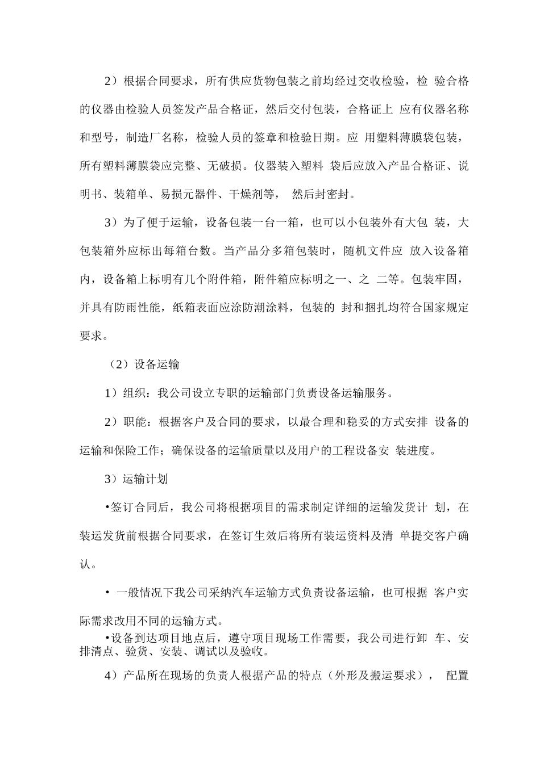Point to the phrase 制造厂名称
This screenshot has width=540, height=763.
pos(155,138)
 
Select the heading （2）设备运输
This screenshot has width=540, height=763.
pos(144,364)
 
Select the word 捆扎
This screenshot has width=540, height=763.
pos(377,308)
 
